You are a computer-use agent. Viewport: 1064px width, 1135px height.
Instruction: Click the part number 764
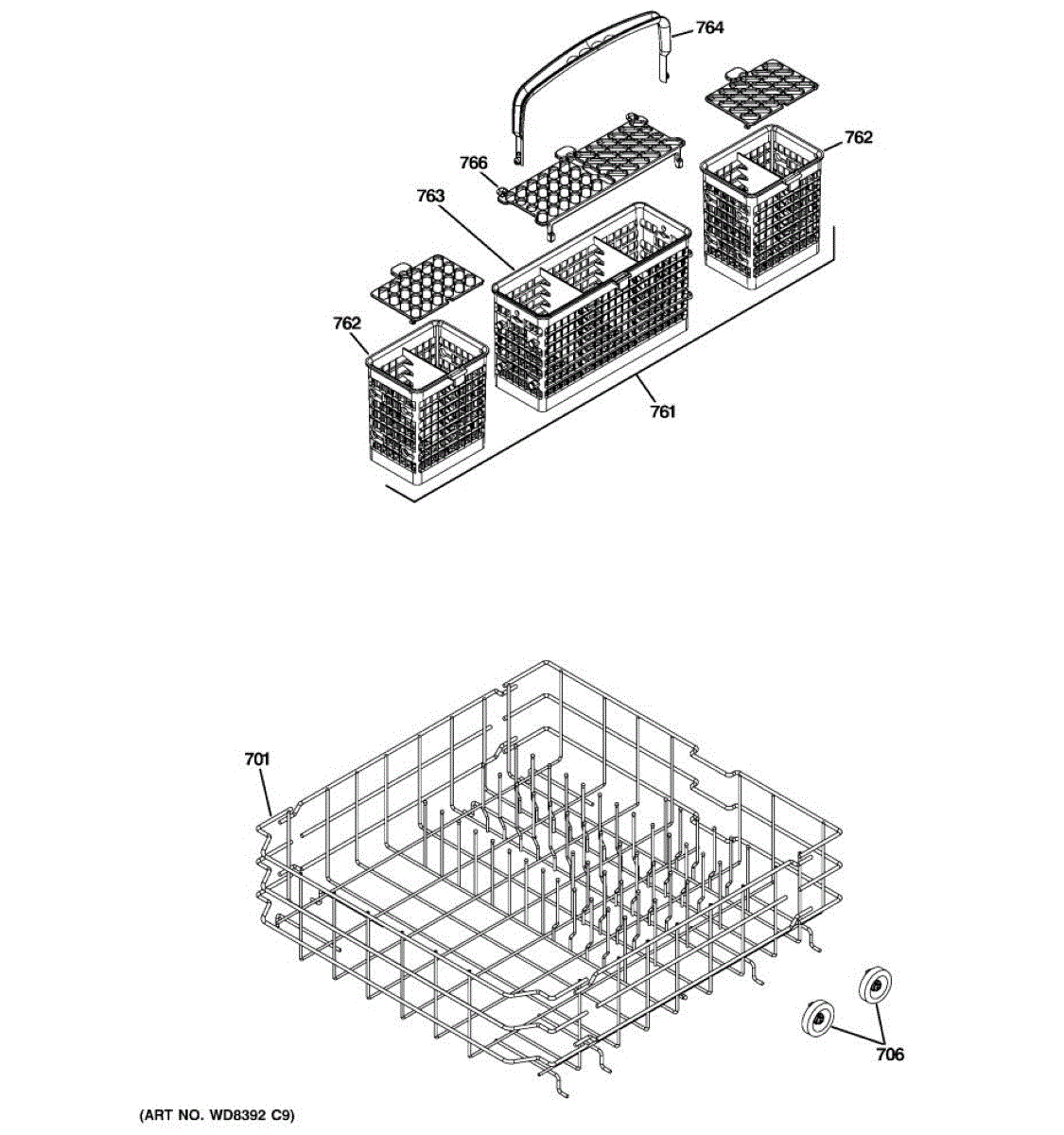709,27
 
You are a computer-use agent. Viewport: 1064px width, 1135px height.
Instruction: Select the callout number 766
473,164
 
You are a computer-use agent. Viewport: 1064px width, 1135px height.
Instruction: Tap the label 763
430,196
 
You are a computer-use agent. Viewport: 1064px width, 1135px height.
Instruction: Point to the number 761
662,411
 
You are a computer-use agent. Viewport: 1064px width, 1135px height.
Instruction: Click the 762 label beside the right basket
858,138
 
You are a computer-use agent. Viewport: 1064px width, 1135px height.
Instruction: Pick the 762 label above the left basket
347,323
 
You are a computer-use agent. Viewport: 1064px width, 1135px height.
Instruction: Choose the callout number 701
256,759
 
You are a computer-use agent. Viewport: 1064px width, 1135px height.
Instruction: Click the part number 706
889,1055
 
